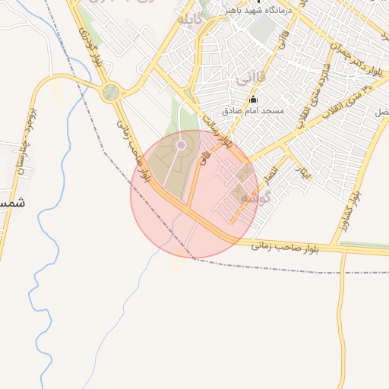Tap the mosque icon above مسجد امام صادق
pos(254,100)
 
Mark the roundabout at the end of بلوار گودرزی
pos(111,93)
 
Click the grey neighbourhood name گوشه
pos(251,196)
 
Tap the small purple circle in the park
pos(181,144)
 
